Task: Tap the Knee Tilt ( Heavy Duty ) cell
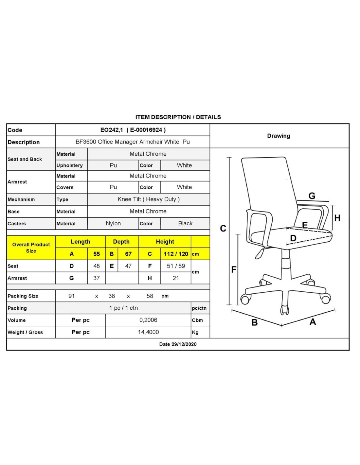point(149,199)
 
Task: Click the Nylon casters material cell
point(113,223)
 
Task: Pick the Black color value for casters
point(185,223)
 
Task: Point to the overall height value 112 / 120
point(176,254)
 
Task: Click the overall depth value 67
point(128,254)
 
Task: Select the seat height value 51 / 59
point(176,266)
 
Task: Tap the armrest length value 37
point(97,278)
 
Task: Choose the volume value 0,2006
point(148,320)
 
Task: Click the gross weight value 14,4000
point(148,332)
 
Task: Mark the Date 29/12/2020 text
point(178,344)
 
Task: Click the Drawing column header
point(279,136)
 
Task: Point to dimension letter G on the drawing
point(312,196)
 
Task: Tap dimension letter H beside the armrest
point(337,218)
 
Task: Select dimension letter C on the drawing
point(223,228)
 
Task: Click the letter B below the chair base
point(255,322)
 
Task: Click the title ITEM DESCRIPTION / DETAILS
point(178,117)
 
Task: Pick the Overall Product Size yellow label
point(31,248)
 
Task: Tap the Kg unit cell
point(195,332)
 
